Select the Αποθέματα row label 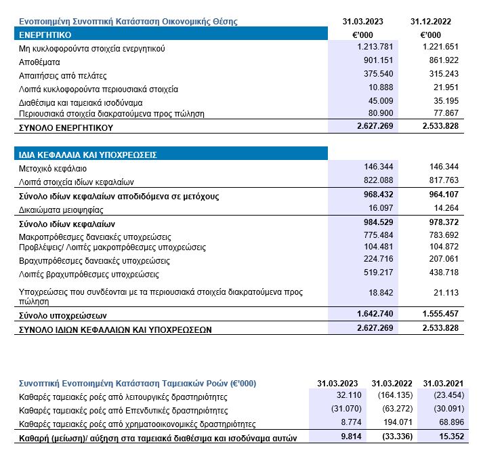(x=39, y=62)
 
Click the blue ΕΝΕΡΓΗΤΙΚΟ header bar (x=169, y=34)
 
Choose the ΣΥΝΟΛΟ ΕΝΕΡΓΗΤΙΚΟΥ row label (x=66, y=127)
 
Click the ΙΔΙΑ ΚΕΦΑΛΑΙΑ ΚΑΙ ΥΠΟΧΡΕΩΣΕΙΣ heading (x=88, y=155)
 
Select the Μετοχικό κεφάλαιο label (x=53, y=168)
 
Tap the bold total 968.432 (x=371, y=196)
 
